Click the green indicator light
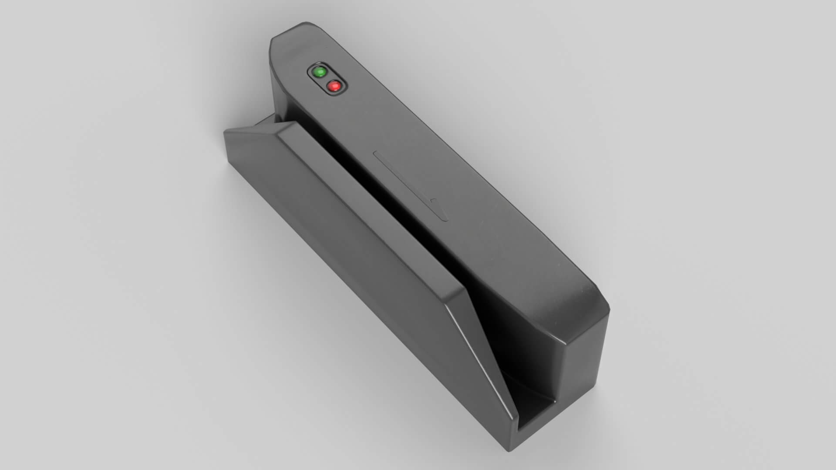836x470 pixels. pyautogui.click(x=320, y=72)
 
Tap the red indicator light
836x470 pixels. pyautogui.click(x=334, y=87)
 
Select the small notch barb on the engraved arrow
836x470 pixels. pyautogui.click(x=433, y=200)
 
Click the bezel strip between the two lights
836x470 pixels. pyautogui.click(x=327, y=79)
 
